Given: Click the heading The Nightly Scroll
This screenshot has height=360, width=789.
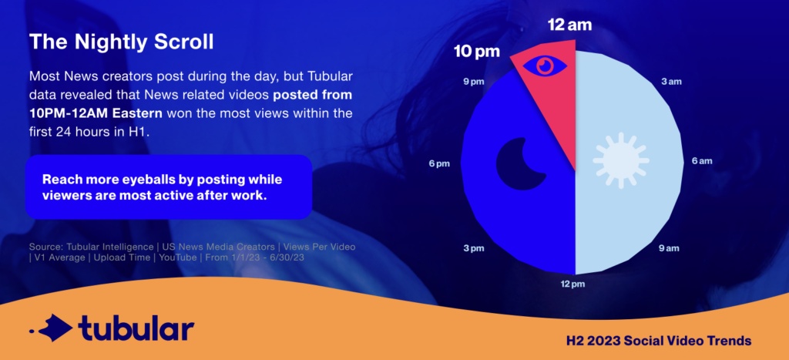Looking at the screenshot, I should pyautogui.click(x=121, y=42).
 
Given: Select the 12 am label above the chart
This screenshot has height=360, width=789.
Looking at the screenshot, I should pyautogui.click(x=570, y=25).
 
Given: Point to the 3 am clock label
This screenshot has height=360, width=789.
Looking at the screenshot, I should pyautogui.click(x=672, y=81).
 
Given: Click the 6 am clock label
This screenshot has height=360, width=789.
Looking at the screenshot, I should pyautogui.click(x=700, y=161).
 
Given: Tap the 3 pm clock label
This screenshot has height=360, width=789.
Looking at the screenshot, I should pyautogui.click(x=474, y=248).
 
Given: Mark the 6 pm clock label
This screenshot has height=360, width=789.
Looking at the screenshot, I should pyautogui.click(x=440, y=163).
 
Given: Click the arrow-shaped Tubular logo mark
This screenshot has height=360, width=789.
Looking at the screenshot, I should pyautogui.click(x=51, y=328).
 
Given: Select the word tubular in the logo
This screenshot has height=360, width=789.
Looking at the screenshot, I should pyautogui.click(x=136, y=327).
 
